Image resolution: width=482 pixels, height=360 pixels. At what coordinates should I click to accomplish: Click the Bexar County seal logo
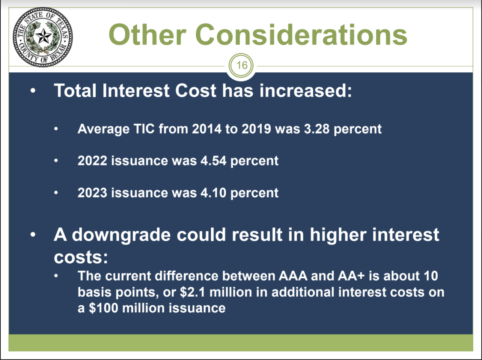[43, 37]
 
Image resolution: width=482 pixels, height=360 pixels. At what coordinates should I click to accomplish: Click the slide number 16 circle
[241, 65]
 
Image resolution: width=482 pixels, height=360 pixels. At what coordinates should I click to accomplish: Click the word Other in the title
[148, 34]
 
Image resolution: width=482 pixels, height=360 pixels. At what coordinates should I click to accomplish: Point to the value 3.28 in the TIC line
[317, 129]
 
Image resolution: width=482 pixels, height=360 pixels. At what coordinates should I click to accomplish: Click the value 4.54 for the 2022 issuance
[213, 161]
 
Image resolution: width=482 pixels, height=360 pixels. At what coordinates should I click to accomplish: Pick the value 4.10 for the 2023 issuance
[213, 193]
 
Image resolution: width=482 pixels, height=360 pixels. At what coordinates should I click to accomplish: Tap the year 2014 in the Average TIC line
[206, 129]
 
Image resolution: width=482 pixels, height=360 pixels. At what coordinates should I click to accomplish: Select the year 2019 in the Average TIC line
[256, 129]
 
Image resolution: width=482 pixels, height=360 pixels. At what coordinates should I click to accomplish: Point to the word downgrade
[121, 235]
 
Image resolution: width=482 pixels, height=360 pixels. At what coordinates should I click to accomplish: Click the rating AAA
[293, 276]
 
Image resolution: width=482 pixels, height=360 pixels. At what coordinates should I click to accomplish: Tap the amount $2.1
[192, 292]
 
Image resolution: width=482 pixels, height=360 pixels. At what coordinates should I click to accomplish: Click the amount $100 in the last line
[104, 308]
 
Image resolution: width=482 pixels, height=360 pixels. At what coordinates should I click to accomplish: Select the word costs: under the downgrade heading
[81, 257]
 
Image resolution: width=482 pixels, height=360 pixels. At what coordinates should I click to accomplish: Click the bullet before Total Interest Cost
[33, 90]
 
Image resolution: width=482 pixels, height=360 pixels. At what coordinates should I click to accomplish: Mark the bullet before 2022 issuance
[56, 161]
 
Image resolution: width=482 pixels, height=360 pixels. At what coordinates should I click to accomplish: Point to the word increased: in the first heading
[306, 91]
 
